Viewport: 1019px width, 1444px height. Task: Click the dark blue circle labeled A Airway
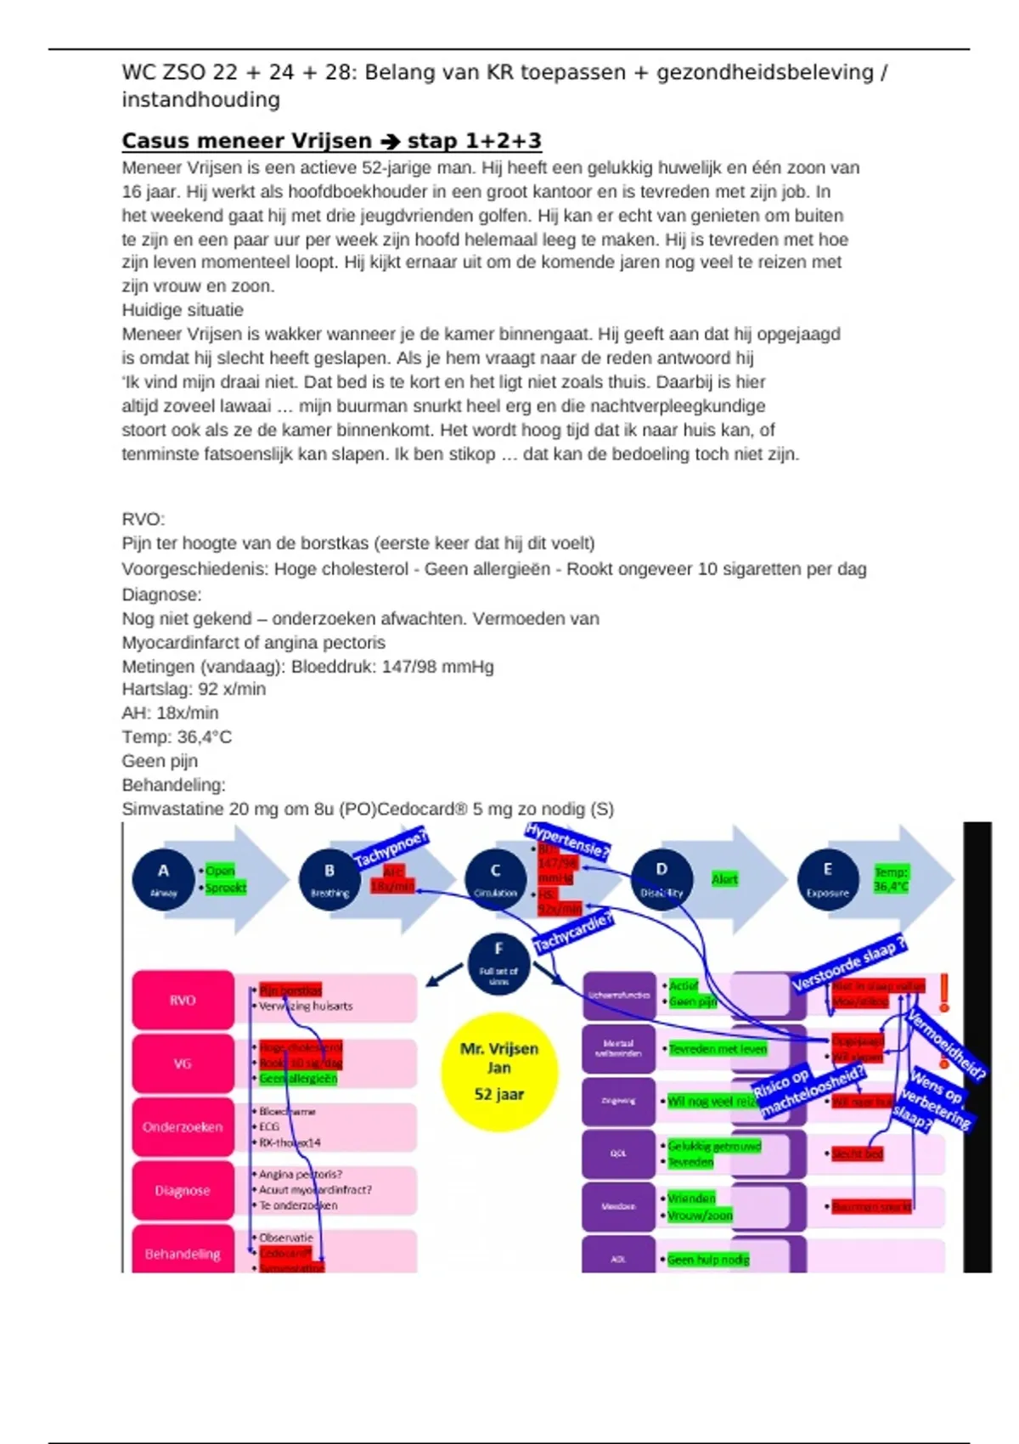[164, 878]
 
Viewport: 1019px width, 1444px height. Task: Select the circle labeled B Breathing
[329, 878]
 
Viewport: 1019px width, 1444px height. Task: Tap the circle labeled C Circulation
[496, 878]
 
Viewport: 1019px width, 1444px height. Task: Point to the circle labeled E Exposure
[828, 878]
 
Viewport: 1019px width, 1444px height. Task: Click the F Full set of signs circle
[498, 962]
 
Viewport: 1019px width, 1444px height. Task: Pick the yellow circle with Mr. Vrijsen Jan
[499, 1071]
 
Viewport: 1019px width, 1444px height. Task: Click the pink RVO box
[183, 1000]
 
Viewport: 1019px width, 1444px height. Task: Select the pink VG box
[183, 1063]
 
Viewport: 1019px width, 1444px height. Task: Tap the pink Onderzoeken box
[183, 1126]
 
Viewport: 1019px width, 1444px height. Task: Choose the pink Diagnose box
[183, 1190]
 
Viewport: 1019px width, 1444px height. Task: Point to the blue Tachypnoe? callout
[391, 849]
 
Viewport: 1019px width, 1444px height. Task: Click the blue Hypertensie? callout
[567, 839]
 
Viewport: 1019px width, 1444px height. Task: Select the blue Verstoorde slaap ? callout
[848, 963]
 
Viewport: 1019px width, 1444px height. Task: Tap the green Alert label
[724, 879]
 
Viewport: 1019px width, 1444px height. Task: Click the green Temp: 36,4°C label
[891, 879]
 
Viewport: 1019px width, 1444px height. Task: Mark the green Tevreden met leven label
[718, 1049]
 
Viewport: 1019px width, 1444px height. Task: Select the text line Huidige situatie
[183, 310]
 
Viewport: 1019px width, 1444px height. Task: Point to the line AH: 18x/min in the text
[170, 713]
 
